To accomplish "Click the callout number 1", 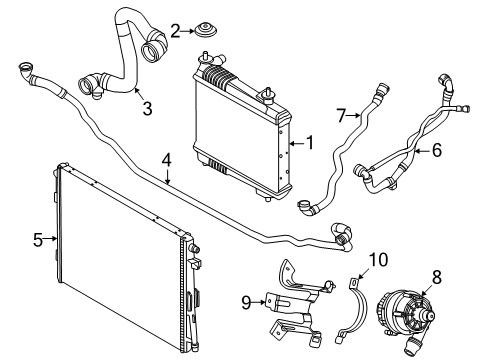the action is click(x=310, y=143).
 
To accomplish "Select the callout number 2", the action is click(x=175, y=31).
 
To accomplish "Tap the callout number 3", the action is click(x=147, y=108).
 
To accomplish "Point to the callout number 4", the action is click(x=167, y=161).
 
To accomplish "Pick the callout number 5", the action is click(x=38, y=239).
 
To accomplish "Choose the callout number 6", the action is click(x=437, y=150).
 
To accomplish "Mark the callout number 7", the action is click(x=341, y=115).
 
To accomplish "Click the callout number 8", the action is click(x=437, y=276).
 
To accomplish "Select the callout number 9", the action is click(x=246, y=303).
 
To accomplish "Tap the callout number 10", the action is click(x=378, y=260).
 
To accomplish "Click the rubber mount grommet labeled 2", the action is click(x=205, y=31).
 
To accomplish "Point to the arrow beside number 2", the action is click(x=187, y=31).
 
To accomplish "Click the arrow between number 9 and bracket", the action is click(x=258, y=302).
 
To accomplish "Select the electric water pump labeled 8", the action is click(x=406, y=318).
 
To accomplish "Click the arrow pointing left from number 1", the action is click(x=298, y=144).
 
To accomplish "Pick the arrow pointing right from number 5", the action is click(x=50, y=238).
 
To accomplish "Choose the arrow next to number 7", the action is click(x=353, y=116).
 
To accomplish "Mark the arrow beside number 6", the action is click(x=423, y=151).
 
